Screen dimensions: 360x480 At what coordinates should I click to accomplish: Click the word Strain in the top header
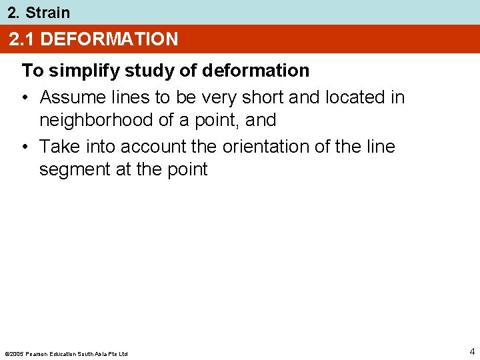tap(47, 13)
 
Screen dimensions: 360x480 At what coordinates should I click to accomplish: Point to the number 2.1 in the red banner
tap(22, 39)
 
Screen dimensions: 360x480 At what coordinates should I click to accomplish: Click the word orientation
tap(266, 147)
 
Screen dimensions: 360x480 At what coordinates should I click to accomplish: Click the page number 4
tap(471, 351)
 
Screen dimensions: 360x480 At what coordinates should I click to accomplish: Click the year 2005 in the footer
tap(16, 353)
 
